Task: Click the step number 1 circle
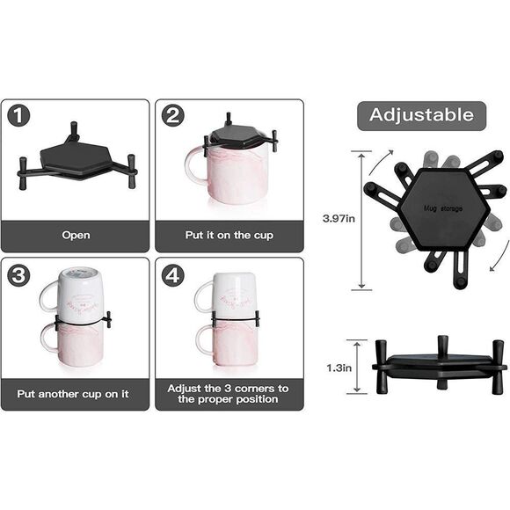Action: click(18, 116)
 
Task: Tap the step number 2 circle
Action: click(173, 116)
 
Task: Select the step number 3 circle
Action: click(18, 273)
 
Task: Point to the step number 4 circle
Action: click(173, 273)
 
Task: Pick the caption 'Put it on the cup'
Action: click(229, 236)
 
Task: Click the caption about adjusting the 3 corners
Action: click(229, 393)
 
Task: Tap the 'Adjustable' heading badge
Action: click(420, 115)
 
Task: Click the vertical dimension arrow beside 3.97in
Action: click(360, 220)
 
